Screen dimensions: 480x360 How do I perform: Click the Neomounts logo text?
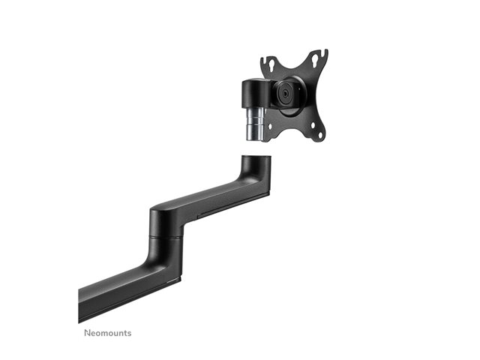(x=108, y=333)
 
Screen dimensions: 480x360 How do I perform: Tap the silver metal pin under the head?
(x=256, y=124)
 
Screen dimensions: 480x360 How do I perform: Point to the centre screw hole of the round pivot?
(x=286, y=94)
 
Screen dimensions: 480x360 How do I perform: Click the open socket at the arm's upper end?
(x=256, y=157)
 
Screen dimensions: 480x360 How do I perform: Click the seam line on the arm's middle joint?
(x=166, y=236)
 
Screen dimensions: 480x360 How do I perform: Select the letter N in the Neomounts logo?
(x=87, y=333)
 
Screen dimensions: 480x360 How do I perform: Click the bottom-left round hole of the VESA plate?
(x=270, y=126)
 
